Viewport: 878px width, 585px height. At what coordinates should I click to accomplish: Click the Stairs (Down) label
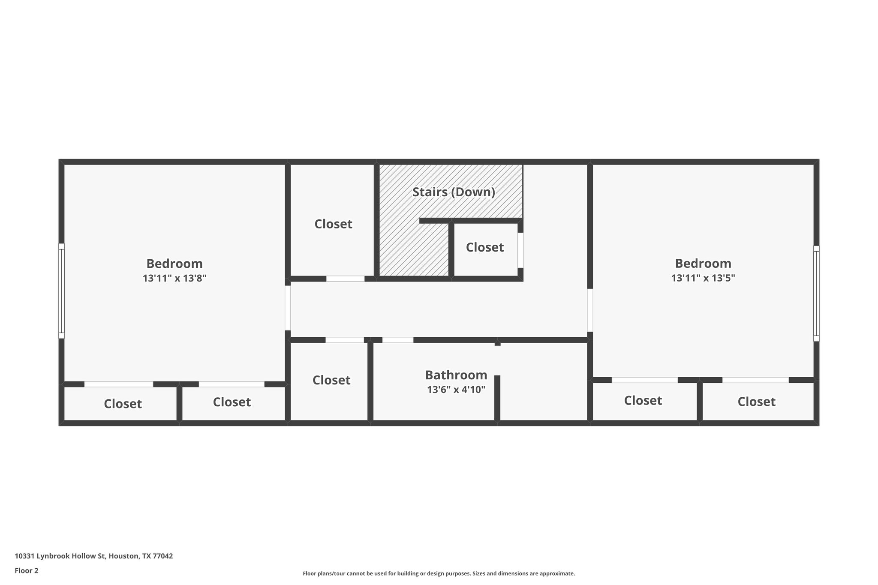click(454, 192)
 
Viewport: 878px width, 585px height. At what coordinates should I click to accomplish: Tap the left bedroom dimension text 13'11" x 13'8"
click(174, 278)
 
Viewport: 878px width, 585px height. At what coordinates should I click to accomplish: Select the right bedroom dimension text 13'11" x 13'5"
click(703, 278)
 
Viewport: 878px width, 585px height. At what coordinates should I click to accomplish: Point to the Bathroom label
click(456, 375)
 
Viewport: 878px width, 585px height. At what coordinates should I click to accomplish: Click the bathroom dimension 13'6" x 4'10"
click(456, 390)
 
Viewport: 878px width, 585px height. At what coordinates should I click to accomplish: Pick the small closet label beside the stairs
click(484, 247)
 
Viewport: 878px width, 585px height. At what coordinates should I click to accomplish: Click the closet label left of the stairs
click(333, 224)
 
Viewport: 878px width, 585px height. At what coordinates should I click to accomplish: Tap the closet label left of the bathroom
click(331, 380)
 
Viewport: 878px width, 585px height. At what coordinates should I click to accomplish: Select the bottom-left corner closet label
click(123, 404)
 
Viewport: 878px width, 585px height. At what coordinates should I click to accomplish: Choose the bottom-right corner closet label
click(756, 402)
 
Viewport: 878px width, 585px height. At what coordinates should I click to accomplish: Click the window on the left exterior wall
click(61, 291)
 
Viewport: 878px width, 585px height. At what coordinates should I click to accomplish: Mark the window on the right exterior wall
click(816, 293)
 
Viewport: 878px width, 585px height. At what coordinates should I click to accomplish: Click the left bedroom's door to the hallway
click(288, 308)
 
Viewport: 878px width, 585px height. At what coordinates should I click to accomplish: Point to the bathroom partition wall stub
click(497, 397)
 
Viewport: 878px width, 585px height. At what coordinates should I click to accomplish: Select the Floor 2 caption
click(27, 570)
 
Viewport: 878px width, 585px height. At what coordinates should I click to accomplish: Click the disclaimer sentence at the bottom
click(439, 573)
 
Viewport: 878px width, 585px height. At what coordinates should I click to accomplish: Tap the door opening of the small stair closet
click(520, 250)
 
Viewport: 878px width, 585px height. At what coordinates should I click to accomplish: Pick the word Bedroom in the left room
click(174, 264)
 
